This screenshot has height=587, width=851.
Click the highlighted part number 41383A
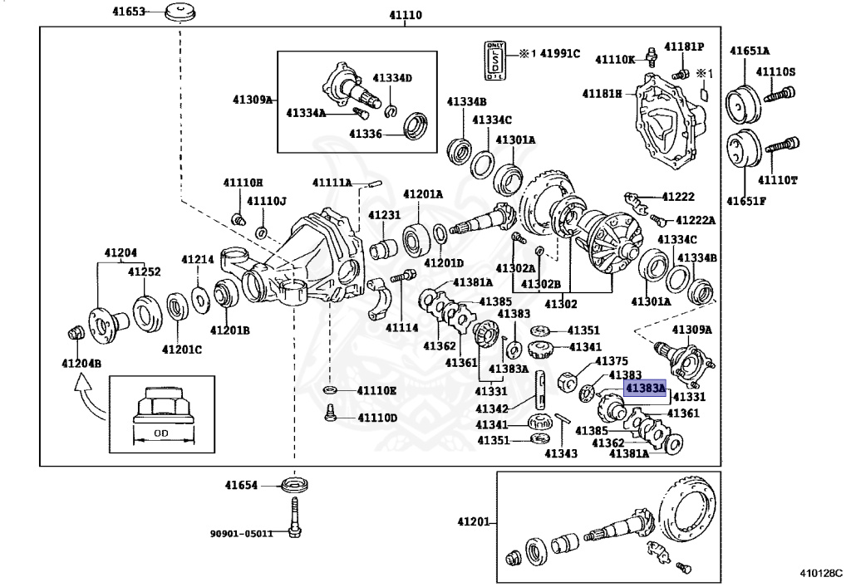pos(646,388)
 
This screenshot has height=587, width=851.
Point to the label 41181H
pos(602,94)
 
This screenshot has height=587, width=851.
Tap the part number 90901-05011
pos(241,533)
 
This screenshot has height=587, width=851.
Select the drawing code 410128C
pos(820,573)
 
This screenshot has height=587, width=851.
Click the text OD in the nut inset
pos(163,433)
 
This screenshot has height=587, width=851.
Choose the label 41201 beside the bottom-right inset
pos(476,523)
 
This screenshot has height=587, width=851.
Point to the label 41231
pos(385,215)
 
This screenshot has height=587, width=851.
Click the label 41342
pos(492,408)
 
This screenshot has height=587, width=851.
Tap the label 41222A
pos(695,220)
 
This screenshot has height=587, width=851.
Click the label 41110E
pos(377,390)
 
